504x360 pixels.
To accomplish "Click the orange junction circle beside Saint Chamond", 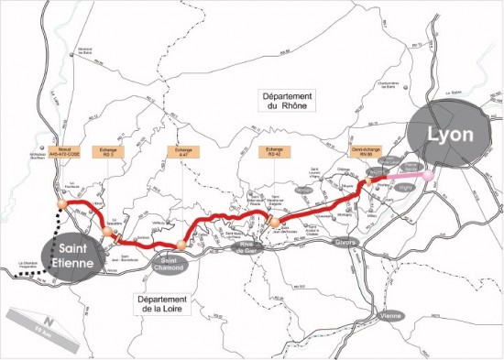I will (x=181, y=245).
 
